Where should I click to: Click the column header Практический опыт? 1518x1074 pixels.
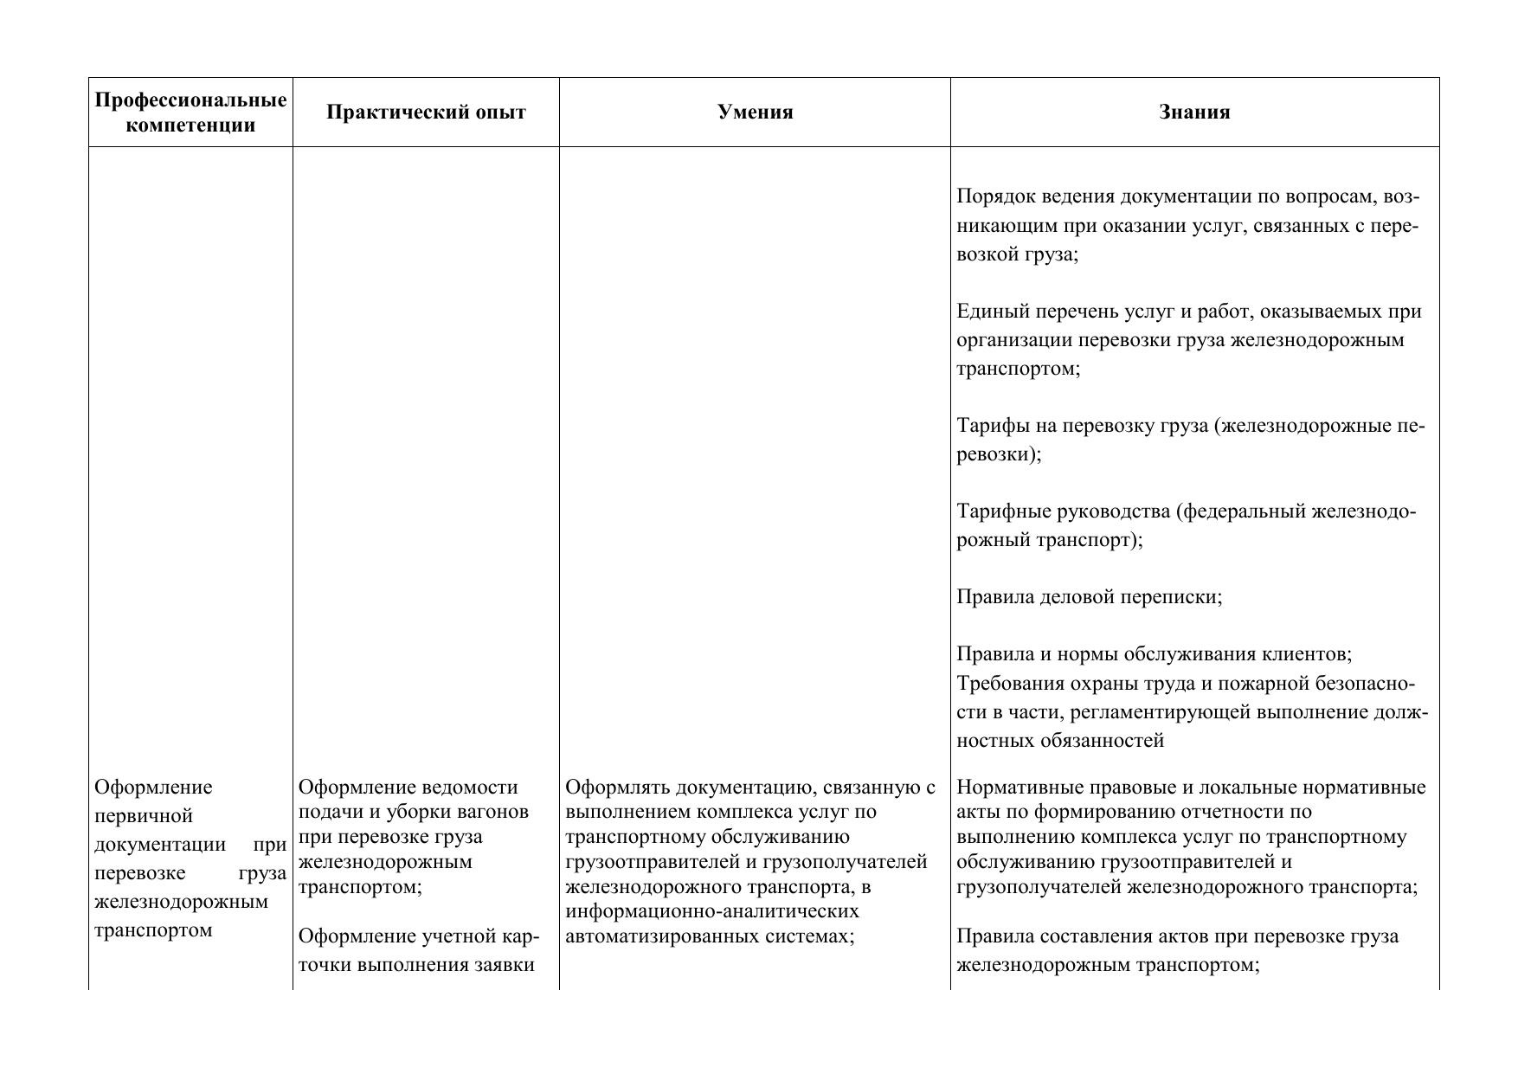426,113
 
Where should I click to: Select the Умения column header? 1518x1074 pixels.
755,113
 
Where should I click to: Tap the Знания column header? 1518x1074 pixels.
1194,113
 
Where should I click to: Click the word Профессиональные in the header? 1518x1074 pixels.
190,100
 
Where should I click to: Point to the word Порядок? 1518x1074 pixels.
992,197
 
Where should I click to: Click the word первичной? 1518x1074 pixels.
144,816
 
